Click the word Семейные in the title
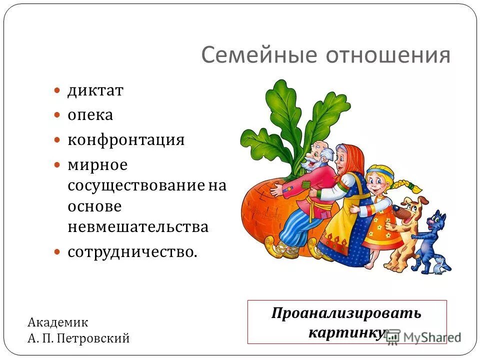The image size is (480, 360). [260, 55]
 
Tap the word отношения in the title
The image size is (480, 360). [388, 55]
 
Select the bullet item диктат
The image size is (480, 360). [95, 91]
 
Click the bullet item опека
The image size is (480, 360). [90, 115]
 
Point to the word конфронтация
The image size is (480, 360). [126, 140]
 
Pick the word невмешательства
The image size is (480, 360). [137, 227]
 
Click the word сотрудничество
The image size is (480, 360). [132, 251]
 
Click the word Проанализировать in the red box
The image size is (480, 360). [346, 313]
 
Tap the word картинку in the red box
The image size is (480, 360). [347, 332]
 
